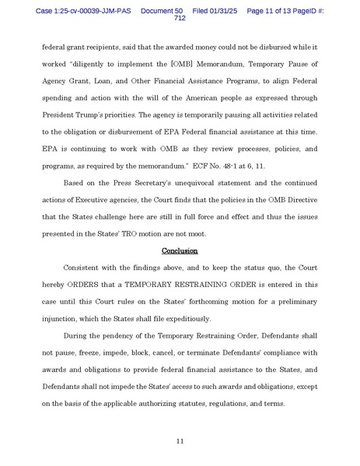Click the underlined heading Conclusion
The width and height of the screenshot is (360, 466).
pos(180,251)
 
